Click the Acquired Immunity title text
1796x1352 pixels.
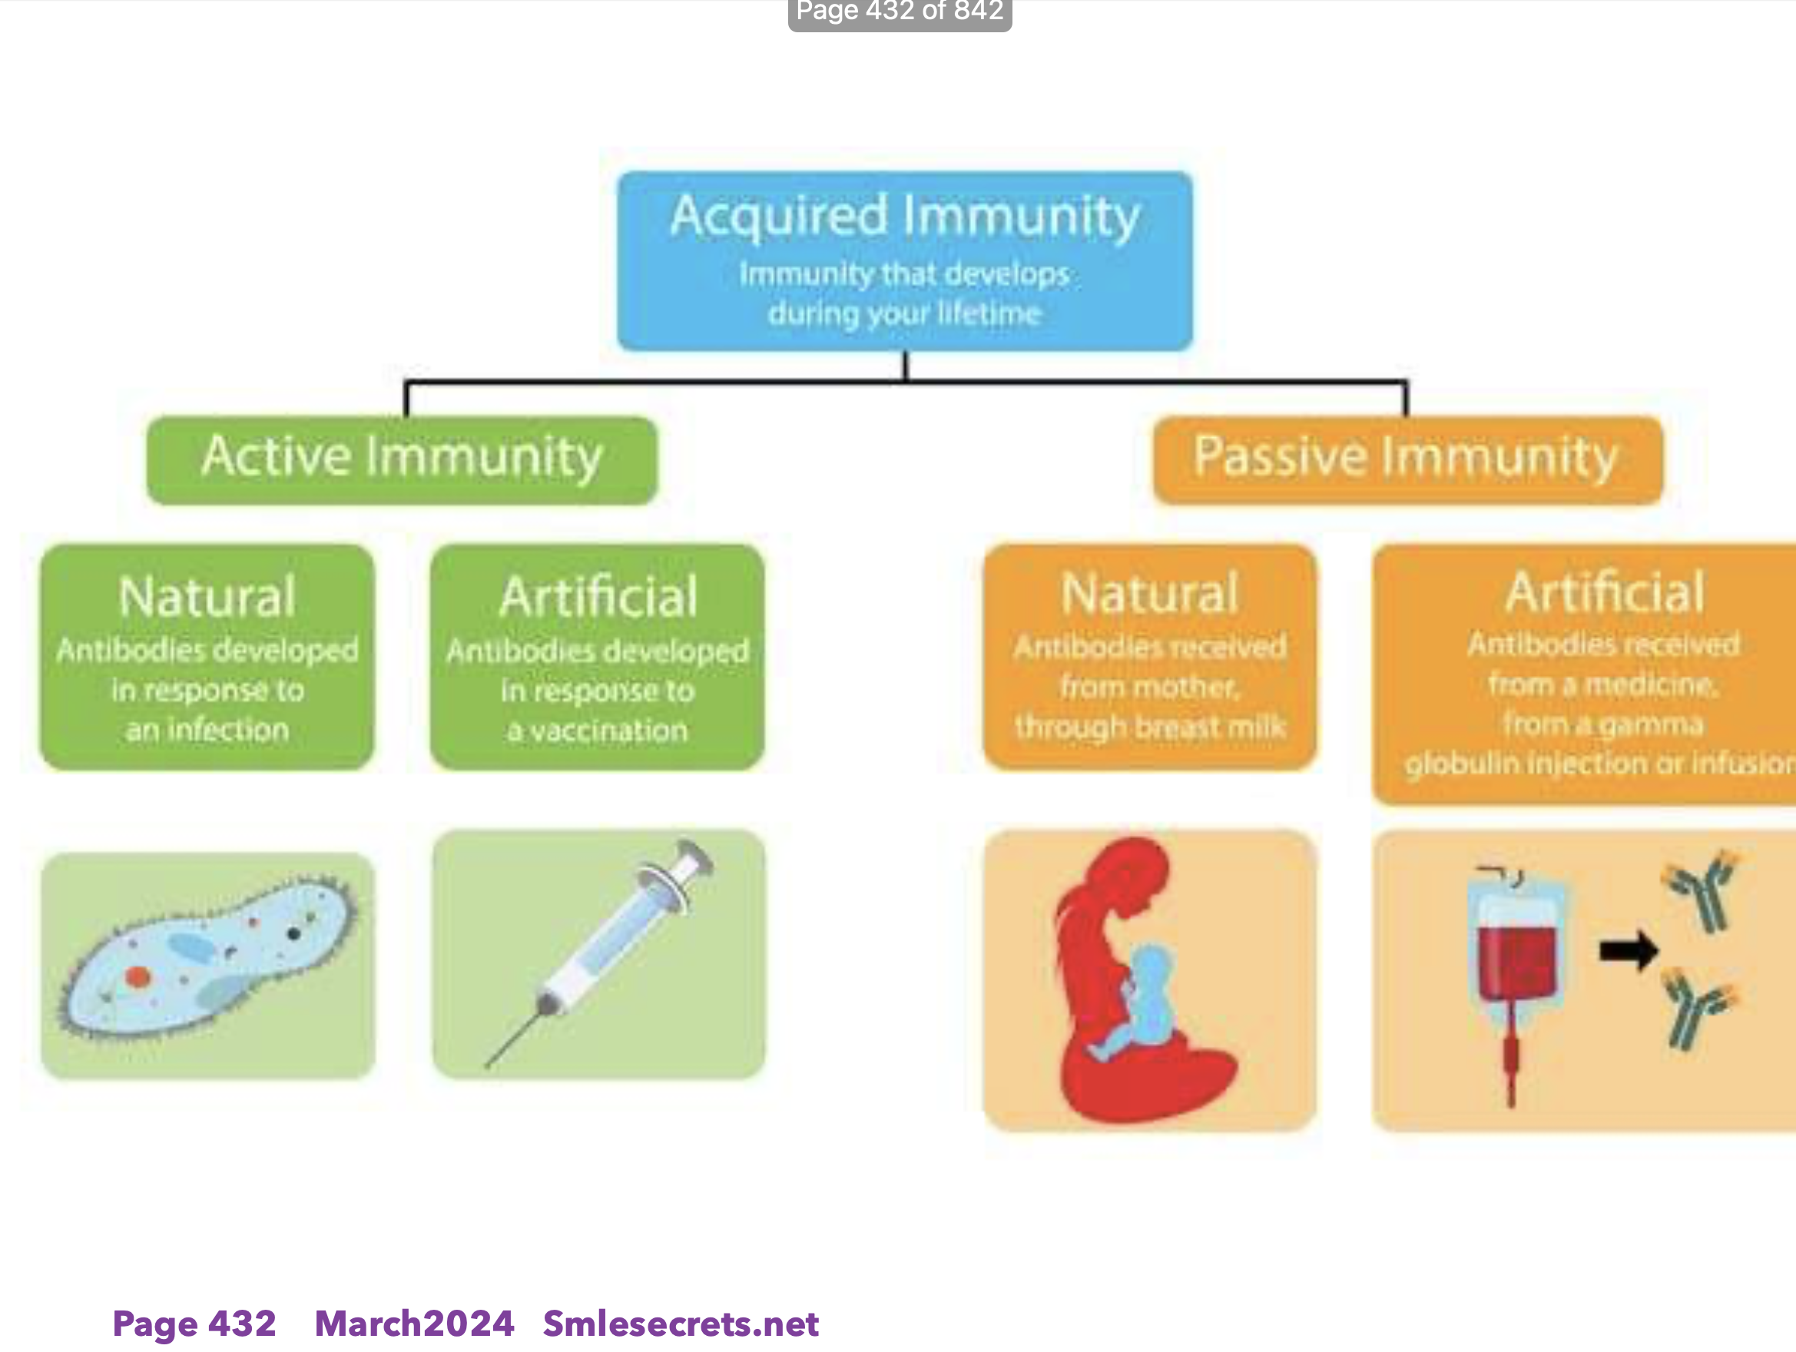[904, 216]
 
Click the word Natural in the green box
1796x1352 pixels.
[207, 597]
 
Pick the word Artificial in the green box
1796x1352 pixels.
[598, 597]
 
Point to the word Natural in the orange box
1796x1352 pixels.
[1150, 594]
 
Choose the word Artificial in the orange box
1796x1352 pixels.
[1605, 592]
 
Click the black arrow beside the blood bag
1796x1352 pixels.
[1628, 950]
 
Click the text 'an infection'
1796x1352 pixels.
[207, 729]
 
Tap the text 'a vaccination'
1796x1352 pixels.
[598, 730]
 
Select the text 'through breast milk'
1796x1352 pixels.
[1150, 726]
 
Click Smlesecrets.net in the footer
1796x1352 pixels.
[681, 1324]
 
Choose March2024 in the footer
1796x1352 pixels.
[414, 1324]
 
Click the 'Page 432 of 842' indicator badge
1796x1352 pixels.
[900, 12]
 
